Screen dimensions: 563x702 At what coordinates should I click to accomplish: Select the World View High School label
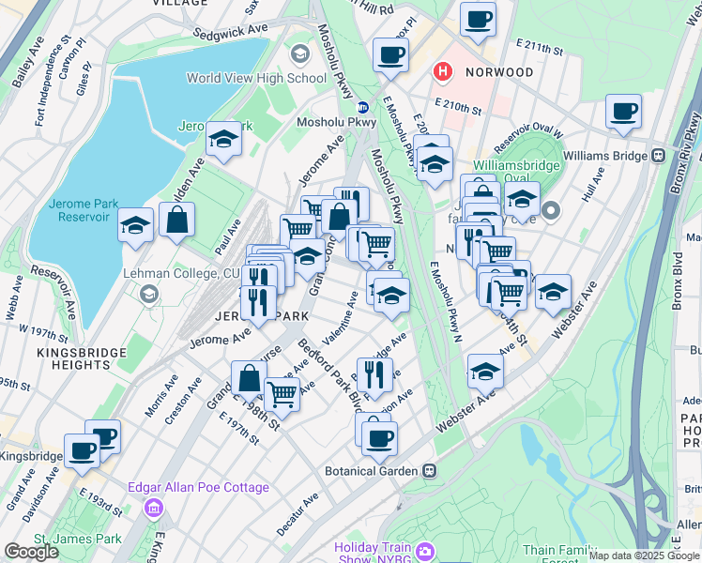[256, 78]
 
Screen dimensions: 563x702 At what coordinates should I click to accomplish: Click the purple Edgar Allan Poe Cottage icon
[152, 508]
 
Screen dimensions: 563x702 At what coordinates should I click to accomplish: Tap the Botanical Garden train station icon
[429, 470]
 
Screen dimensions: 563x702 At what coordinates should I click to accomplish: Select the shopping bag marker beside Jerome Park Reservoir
[176, 221]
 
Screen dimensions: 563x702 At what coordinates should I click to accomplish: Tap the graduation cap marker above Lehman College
[136, 226]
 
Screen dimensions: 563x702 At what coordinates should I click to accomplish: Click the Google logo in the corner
[31, 552]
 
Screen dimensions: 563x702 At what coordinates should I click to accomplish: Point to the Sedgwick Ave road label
[231, 31]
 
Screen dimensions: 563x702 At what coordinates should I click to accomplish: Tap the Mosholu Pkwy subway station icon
[362, 105]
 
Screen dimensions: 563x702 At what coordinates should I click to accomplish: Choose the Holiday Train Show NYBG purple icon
[424, 550]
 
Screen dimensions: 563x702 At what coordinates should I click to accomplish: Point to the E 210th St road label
[458, 109]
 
